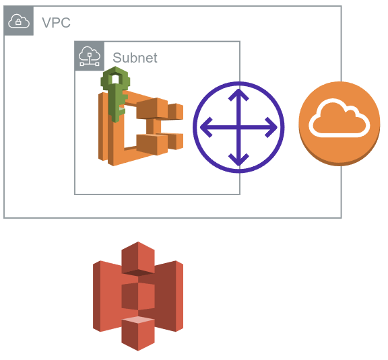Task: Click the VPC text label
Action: coord(56,22)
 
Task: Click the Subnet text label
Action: coord(135,57)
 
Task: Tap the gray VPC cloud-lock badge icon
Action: coord(18,22)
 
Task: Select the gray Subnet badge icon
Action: coord(89,56)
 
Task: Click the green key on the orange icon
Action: coord(115,94)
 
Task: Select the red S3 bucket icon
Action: coord(138,295)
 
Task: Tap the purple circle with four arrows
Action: coord(238,127)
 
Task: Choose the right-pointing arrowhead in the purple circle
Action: coord(271,127)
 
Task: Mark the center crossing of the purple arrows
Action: coord(238,127)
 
